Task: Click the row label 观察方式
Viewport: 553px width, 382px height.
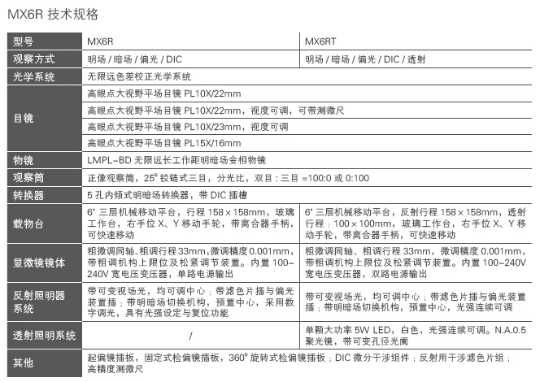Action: tap(33, 59)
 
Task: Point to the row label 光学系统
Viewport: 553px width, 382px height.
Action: tap(33, 76)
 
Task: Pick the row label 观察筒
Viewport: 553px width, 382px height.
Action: tap(28, 178)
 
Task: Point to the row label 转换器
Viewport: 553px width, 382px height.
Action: tap(28, 196)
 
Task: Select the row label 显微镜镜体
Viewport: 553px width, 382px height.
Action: tap(37, 263)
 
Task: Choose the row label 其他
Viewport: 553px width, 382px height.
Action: tap(23, 362)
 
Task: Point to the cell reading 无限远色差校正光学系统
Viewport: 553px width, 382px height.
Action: tap(139, 76)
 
